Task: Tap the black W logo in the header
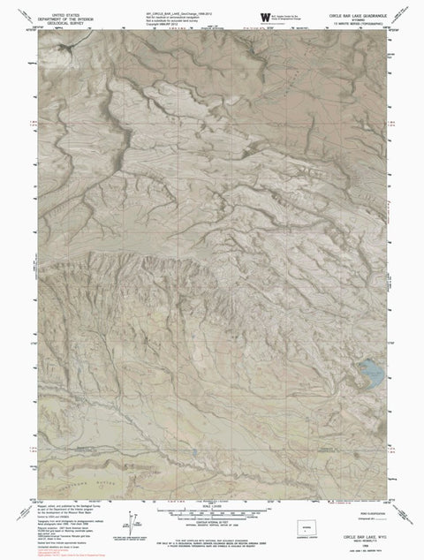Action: coord(262,17)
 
